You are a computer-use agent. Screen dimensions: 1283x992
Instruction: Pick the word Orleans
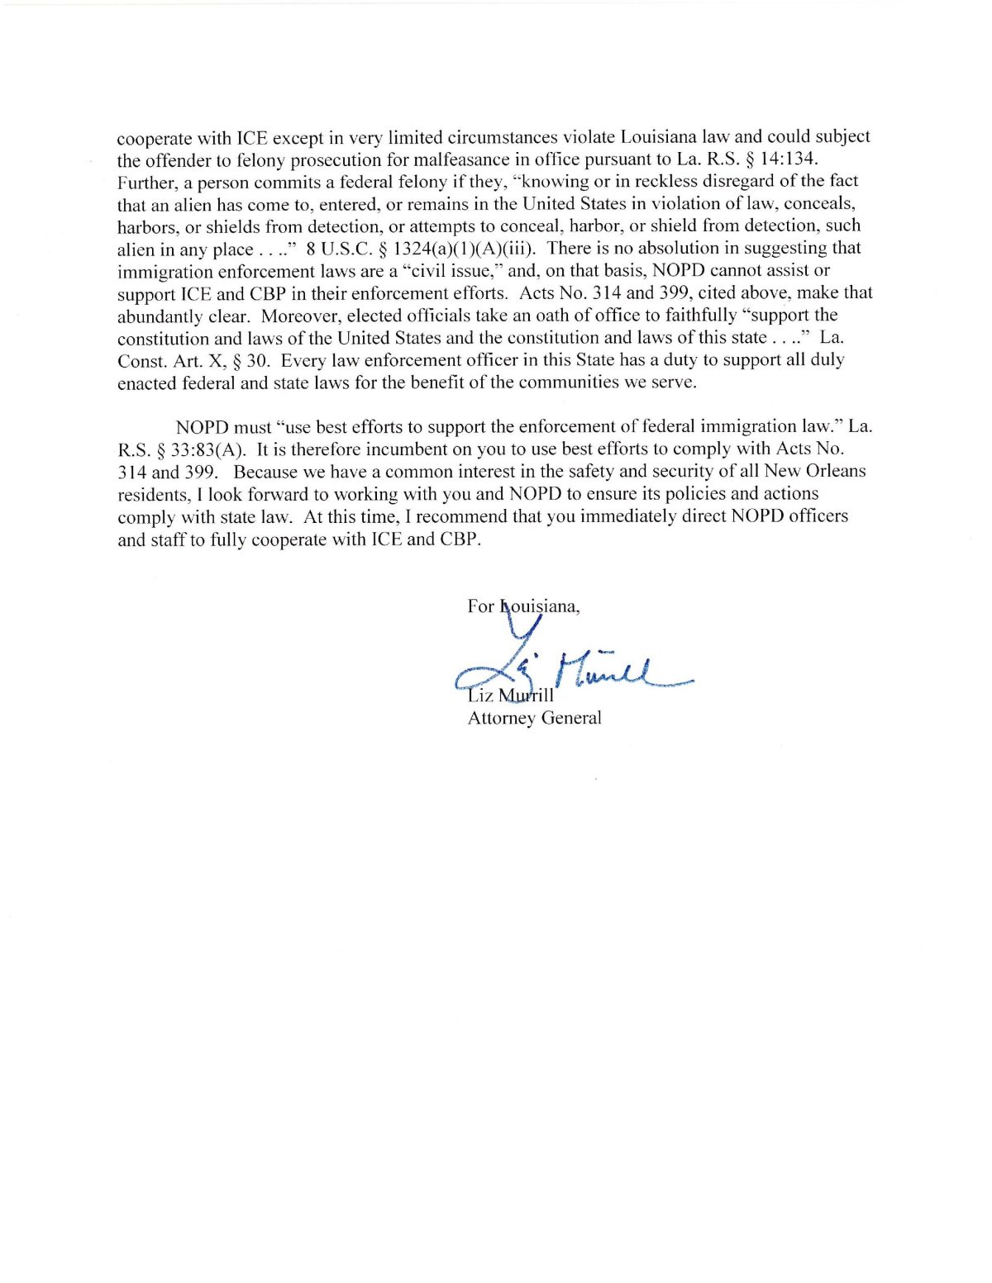click(835, 471)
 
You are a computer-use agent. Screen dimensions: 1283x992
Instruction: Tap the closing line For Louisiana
click(523, 606)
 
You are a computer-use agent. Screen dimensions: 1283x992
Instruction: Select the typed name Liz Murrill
click(511, 696)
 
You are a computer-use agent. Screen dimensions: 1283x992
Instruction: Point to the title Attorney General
click(534, 718)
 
